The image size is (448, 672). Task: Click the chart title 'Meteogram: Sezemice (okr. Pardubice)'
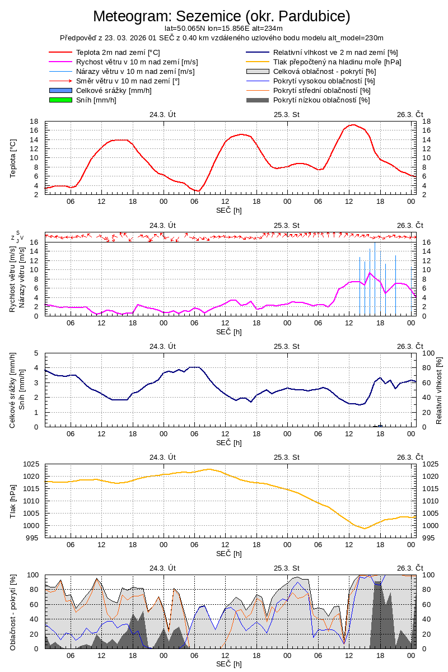[221, 16]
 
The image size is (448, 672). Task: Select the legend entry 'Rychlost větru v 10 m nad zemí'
[137, 62]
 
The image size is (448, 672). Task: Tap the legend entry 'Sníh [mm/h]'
[96, 100]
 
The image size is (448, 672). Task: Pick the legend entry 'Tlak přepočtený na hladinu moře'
[337, 62]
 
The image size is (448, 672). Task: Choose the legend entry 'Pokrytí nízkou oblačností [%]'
[321, 100]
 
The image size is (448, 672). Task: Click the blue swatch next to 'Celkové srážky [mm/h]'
[61, 90]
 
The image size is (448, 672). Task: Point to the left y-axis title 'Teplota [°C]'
[13, 158]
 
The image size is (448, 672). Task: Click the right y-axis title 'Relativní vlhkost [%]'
[439, 390]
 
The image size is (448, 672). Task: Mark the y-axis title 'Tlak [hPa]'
[13, 500]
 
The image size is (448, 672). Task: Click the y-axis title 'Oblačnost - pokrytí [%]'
[13, 612]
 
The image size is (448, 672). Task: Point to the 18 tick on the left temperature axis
[34, 122]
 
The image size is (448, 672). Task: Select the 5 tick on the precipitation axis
[36, 353]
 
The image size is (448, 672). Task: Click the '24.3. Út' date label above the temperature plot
[163, 114]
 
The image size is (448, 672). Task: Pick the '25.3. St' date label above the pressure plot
[287, 457]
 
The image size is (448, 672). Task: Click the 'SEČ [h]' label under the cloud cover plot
[230, 664]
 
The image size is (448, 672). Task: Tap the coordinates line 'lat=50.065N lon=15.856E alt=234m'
[223, 28]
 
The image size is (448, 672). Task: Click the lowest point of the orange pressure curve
[365, 528]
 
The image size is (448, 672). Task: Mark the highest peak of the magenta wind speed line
[370, 273]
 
